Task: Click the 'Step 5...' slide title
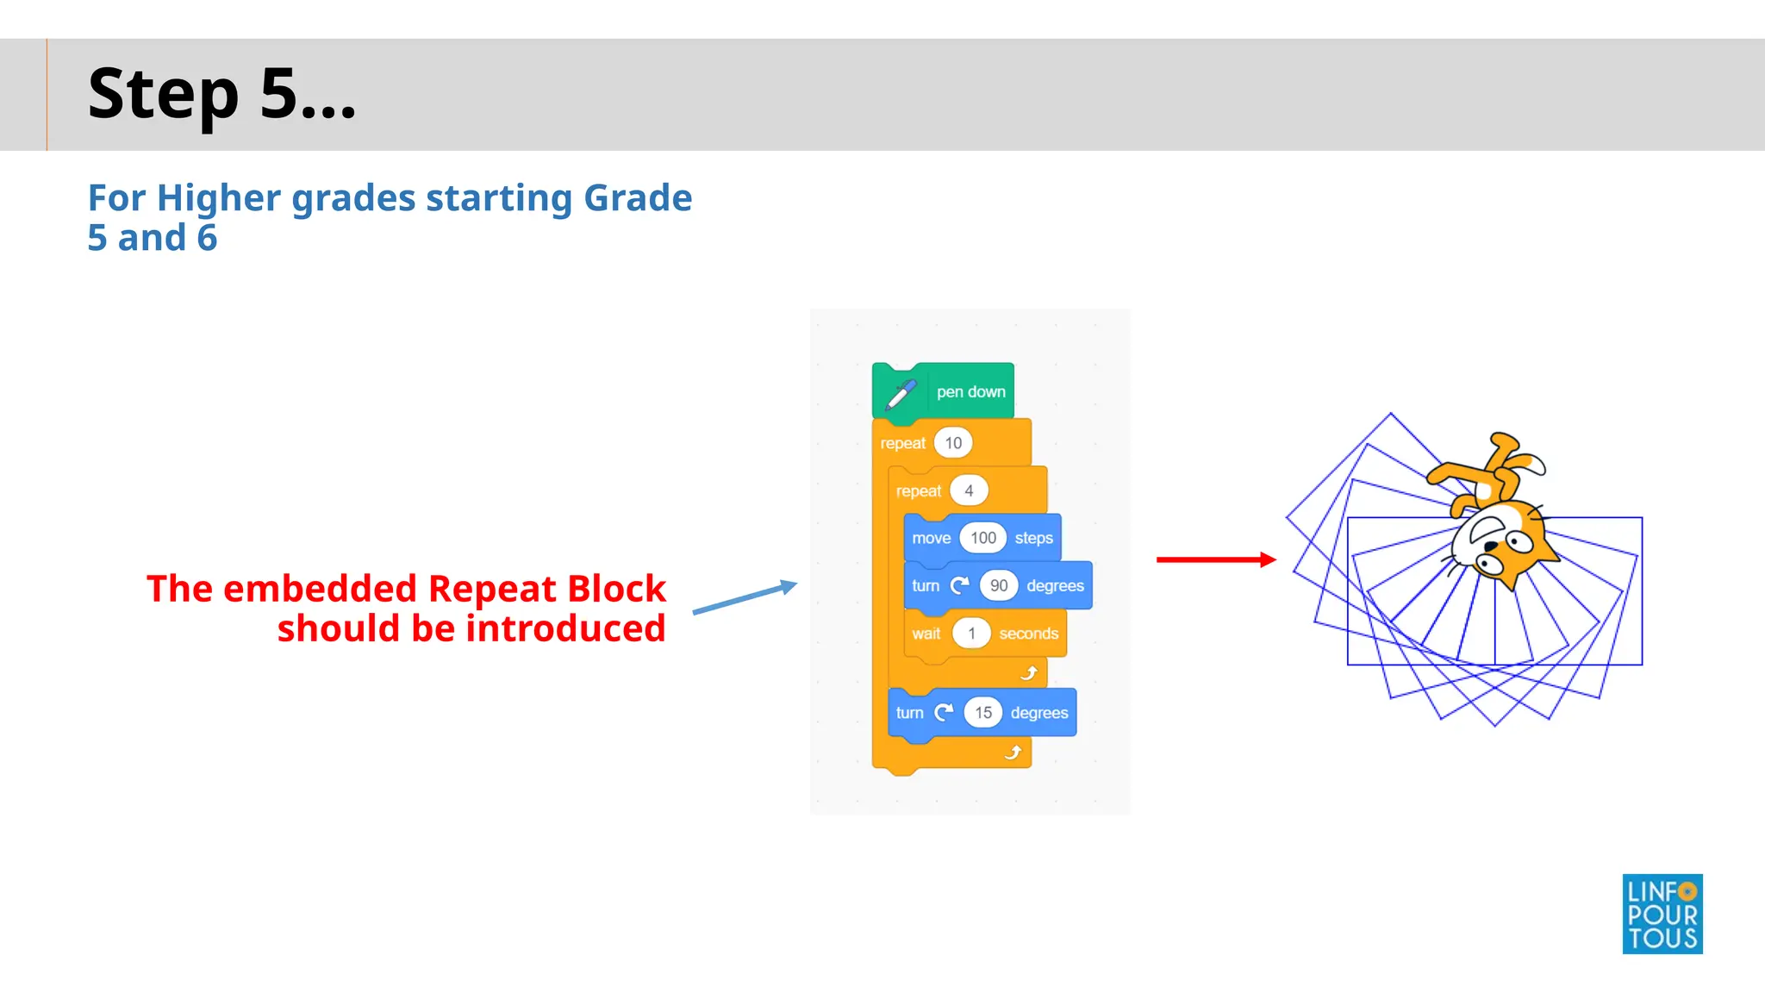coord(221,94)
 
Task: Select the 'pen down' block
coord(970,392)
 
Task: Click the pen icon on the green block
coord(901,395)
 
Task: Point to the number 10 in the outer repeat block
coord(953,443)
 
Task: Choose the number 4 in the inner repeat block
coord(969,490)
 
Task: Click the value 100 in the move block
coord(982,538)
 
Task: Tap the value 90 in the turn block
coord(999,586)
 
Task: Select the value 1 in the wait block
coord(971,634)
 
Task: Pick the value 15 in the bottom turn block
coord(983,713)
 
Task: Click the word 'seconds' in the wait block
coord(1028,634)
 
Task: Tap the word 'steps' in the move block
coord(1033,538)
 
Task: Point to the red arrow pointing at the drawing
coord(1215,559)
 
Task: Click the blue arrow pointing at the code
coord(745,598)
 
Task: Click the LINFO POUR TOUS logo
coord(1662,914)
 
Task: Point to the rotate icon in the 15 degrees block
coord(945,712)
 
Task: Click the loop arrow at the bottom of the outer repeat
coord(1013,753)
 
